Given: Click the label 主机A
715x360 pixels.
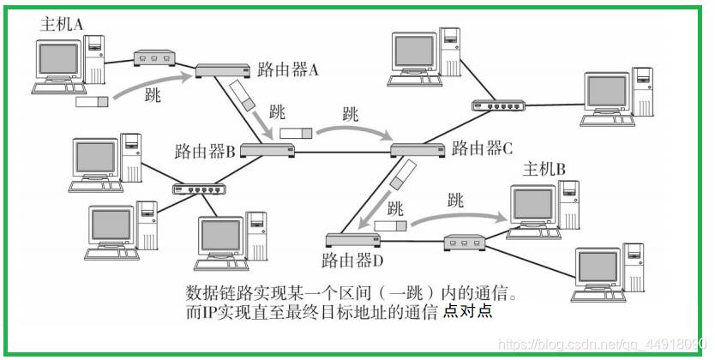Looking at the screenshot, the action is click(x=62, y=24).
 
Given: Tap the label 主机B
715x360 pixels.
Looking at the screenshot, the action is click(x=544, y=170).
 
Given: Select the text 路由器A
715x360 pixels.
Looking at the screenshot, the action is click(x=288, y=69).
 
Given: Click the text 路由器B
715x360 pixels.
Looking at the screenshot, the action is click(x=205, y=151).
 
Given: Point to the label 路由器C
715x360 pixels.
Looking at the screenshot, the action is click(x=482, y=148).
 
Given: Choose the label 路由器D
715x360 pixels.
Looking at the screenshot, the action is click(x=352, y=261).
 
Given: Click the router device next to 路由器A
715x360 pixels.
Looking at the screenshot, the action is click(x=223, y=70).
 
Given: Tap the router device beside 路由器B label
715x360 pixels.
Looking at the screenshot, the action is click(x=267, y=150).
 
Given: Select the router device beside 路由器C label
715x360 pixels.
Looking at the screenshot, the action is click(x=418, y=150).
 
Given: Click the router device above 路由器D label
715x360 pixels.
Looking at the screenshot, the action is click(x=353, y=240).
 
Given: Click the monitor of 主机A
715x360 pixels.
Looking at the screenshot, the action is click(x=59, y=60).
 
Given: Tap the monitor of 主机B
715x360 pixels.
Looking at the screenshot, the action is click(x=533, y=204).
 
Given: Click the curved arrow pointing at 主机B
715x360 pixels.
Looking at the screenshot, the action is click(x=460, y=215).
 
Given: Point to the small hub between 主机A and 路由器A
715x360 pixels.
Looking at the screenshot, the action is click(x=154, y=58).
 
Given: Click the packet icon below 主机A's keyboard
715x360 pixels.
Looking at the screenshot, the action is click(x=92, y=102).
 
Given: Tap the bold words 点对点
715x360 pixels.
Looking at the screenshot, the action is click(x=468, y=310).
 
